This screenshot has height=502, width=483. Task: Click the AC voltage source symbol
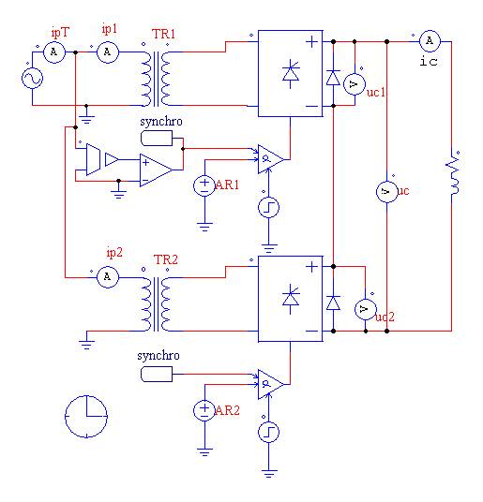click(x=33, y=78)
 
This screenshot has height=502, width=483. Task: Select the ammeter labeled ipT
click(x=54, y=52)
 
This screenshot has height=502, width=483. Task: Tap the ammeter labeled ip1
click(x=108, y=52)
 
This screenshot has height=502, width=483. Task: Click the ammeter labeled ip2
click(x=108, y=277)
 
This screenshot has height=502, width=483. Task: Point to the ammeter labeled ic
click(x=430, y=41)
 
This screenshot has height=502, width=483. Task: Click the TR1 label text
click(x=164, y=34)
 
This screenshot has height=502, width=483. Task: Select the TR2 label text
click(x=166, y=259)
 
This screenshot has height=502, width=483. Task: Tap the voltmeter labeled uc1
click(x=355, y=84)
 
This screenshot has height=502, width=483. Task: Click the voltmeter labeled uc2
click(x=366, y=309)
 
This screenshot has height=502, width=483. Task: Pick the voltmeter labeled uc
click(x=386, y=191)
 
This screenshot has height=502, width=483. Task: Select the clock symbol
click(x=86, y=416)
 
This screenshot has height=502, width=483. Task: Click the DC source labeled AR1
click(x=204, y=186)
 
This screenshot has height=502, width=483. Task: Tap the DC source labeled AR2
click(x=204, y=411)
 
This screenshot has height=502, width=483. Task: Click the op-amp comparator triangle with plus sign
click(x=156, y=170)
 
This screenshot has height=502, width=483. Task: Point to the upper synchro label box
click(x=157, y=139)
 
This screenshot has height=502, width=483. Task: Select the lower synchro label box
click(x=157, y=375)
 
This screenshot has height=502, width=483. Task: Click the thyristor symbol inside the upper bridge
click(x=291, y=74)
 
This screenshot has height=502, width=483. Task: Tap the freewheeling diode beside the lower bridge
click(x=333, y=303)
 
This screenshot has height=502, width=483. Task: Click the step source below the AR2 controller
click(x=268, y=432)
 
